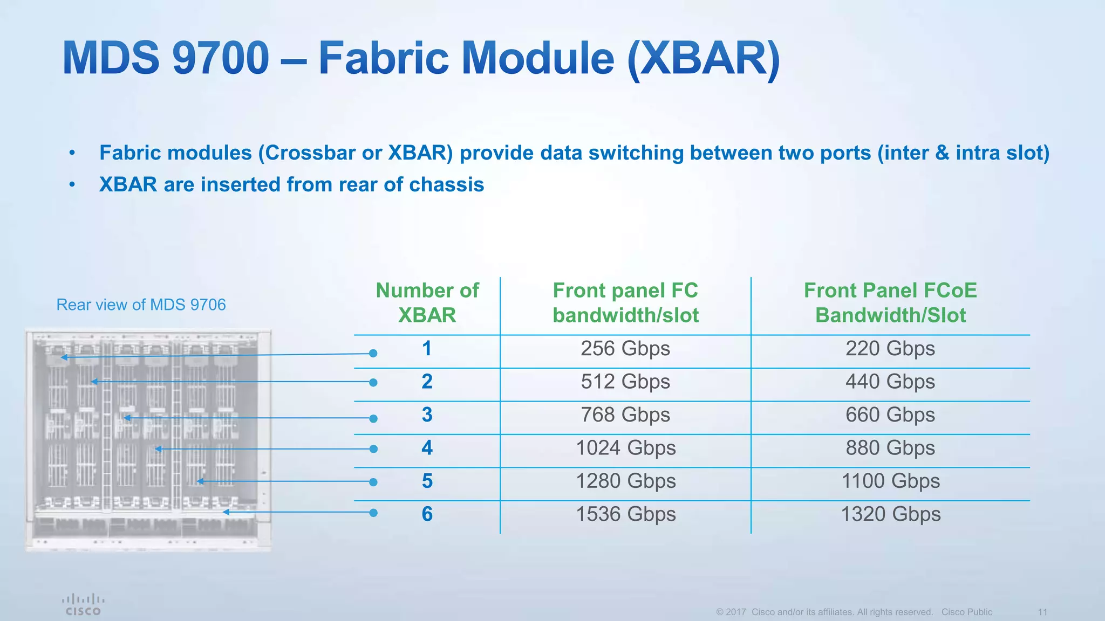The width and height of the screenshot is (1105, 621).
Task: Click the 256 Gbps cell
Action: (625, 349)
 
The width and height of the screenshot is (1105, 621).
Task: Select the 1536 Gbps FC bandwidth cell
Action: (625, 514)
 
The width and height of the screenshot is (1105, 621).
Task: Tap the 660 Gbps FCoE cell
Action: (890, 415)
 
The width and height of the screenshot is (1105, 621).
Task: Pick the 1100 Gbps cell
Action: (890, 481)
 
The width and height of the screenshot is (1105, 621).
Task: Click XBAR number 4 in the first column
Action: (427, 448)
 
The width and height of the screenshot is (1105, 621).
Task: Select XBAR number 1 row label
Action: (427, 349)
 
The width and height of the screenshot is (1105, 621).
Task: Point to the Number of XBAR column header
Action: (427, 302)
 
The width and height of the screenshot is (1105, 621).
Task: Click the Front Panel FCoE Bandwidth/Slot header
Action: (890, 302)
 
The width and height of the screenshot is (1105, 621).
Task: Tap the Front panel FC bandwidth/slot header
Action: (625, 302)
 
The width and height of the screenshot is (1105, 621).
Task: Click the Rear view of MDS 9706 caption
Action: (141, 305)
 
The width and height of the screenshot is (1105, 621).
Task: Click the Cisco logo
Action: (83, 604)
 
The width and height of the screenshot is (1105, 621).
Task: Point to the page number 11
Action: (1042, 612)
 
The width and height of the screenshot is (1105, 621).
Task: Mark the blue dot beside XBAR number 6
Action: (373, 513)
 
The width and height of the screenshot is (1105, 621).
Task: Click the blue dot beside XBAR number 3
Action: (373, 418)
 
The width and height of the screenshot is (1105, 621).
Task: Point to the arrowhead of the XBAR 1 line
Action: (64, 357)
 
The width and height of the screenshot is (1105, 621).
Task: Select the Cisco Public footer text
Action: (966, 612)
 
